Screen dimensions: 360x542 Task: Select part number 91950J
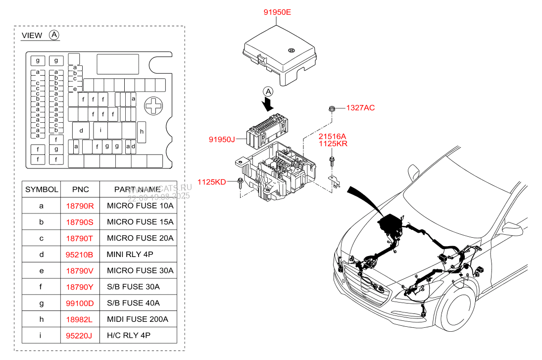(221, 140)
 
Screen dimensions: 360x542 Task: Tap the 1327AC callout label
(360, 108)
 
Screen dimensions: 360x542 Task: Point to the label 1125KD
(211, 182)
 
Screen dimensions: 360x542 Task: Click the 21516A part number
(332, 136)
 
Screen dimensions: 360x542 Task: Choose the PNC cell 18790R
(79, 206)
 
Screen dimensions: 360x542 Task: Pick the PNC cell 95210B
(79, 255)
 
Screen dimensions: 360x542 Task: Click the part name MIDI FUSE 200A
(138, 319)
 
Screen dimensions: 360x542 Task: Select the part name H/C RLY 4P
(129, 336)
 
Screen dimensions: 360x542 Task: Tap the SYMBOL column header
(42, 189)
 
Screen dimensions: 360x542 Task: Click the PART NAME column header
(137, 189)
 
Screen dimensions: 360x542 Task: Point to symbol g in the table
(42, 303)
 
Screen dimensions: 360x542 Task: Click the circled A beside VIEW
(54, 35)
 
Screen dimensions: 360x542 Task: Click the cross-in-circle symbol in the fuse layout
(154, 105)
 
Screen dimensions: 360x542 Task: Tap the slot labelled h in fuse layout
(142, 131)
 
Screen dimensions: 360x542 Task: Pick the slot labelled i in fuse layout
(100, 130)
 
